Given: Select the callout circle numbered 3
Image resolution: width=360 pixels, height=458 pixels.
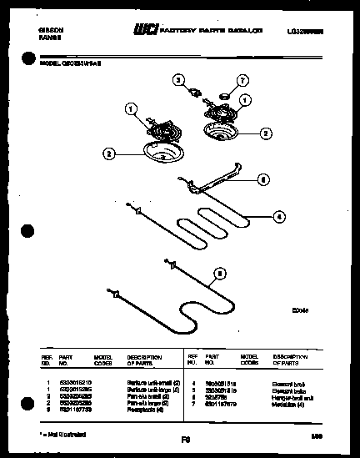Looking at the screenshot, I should pyautogui.click(x=177, y=80).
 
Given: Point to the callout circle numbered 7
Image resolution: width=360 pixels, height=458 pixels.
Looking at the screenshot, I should pyautogui.click(x=244, y=80).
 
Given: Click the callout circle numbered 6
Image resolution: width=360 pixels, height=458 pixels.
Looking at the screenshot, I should pyautogui.click(x=262, y=179).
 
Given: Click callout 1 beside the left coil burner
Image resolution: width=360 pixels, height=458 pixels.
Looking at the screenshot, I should pyautogui.click(x=130, y=108).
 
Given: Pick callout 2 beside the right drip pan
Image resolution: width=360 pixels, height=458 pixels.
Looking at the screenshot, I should pyautogui.click(x=266, y=133).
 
